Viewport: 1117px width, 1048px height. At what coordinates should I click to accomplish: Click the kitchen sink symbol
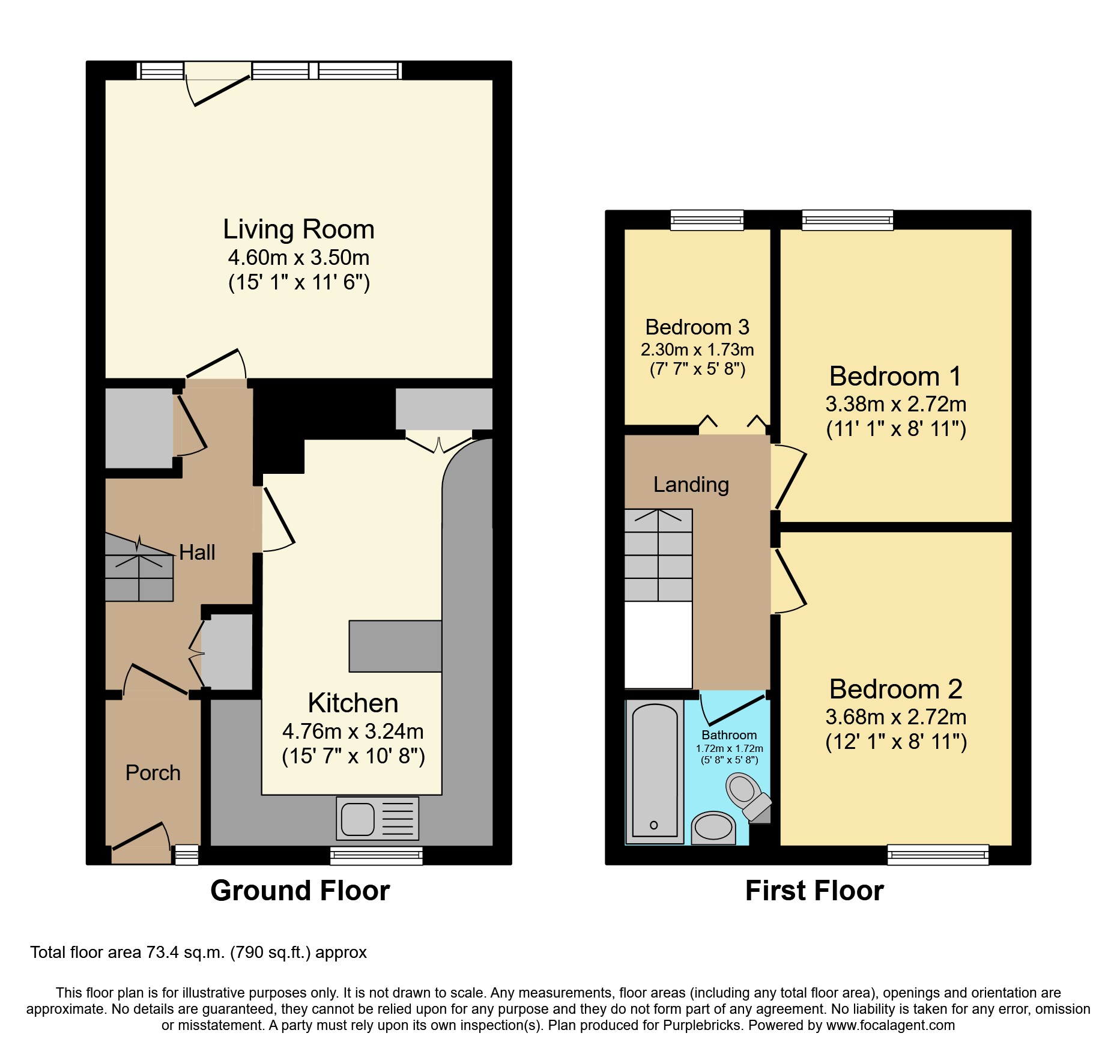(377, 819)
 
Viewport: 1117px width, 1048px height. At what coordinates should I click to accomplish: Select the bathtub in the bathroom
(654, 772)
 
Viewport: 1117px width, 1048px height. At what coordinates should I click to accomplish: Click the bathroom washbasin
(713, 828)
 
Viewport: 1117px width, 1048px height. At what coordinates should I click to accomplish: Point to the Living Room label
(298, 229)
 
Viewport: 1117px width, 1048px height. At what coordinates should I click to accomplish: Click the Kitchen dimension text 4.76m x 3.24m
(353, 731)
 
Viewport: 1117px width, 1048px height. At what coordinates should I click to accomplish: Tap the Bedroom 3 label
(697, 327)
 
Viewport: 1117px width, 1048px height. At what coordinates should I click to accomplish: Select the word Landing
(691, 485)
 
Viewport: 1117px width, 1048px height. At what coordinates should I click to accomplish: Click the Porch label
(153, 773)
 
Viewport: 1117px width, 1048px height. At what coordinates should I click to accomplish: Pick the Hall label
(197, 553)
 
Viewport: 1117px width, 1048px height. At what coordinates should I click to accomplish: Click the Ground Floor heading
(300, 891)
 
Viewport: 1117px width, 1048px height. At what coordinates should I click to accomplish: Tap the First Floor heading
(814, 891)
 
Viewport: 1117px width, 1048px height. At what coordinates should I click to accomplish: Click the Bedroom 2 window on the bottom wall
(937, 854)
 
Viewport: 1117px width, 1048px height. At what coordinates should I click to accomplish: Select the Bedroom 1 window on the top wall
(847, 220)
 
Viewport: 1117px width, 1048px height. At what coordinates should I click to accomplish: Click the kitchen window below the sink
(376, 855)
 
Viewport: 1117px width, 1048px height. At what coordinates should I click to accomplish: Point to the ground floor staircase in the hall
(139, 571)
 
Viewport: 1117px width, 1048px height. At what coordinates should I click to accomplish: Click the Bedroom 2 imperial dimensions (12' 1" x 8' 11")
(895, 742)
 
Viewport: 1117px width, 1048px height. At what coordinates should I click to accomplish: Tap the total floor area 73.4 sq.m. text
(198, 953)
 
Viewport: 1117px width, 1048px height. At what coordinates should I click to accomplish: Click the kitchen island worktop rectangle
(395, 646)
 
